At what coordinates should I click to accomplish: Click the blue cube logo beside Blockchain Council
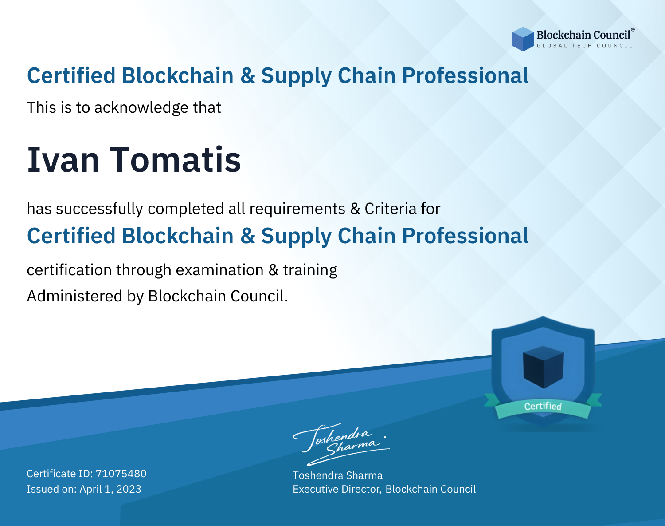pos(523,39)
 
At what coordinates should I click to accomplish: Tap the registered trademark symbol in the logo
pos(633,30)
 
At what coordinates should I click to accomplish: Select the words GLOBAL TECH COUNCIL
pos(585,46)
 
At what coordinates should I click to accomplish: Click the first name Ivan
pos(63,160)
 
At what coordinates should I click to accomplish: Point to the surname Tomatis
pos(175,160)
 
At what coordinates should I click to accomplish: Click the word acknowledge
pos(141,108)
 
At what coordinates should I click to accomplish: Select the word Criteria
pos(391,209)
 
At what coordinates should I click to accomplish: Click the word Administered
pos(75,296)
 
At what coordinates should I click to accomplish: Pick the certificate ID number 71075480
pos(121,474)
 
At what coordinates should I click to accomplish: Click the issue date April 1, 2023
pos(110,489)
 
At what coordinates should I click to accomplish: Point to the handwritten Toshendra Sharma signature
pos(341,444)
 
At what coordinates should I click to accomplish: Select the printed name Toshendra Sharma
pos(338,475)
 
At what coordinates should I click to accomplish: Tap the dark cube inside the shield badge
pos(543,367)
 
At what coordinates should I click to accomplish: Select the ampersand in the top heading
pos(248,75)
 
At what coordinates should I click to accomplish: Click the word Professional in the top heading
pos(465,75)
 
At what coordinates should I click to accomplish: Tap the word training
pos(310,270)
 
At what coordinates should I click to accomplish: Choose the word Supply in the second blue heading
pos(296,237)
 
